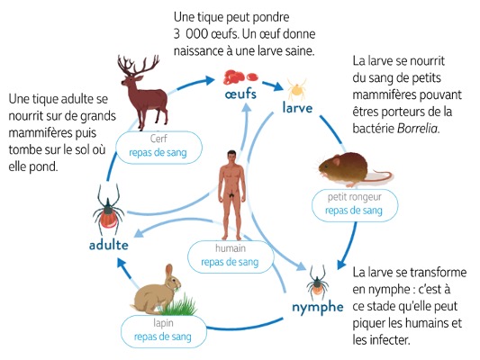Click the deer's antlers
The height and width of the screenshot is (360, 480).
(x=138, y=65)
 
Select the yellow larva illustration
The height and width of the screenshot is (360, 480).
(x=296, y=89)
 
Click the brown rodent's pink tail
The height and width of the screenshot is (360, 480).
(x=379, y=176)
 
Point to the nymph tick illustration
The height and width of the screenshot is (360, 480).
(x=318, y=283)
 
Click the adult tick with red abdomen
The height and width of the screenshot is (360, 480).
(x=108, y=209)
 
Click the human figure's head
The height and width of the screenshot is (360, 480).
(x=231, y=157)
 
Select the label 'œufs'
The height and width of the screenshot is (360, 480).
(x=240, y=94)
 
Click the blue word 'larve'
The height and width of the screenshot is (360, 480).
(x=297, y=108)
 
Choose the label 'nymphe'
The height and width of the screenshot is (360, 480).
(x=318, y=308)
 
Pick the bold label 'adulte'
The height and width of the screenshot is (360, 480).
(x=109, y=245)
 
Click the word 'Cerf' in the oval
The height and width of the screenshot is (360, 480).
(x=158, y=139)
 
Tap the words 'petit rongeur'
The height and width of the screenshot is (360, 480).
(x=355, y=197)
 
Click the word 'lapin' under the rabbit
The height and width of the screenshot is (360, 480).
(x=163, y=323)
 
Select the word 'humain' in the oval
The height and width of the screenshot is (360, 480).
(x=231, y=248)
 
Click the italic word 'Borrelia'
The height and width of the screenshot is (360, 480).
(x=418, y=129)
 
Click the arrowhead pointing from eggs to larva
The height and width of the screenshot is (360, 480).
(x=277, y=85)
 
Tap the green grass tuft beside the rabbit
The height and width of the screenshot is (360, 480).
(x=180, y=305)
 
